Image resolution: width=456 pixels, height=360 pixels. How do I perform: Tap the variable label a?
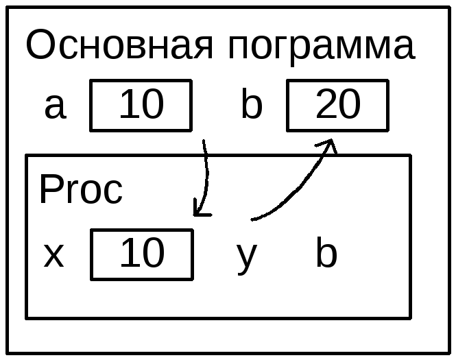[55, 106]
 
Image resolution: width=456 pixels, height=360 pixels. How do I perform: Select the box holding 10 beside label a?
[141, 105]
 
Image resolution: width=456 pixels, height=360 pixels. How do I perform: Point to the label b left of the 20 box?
[252, 106]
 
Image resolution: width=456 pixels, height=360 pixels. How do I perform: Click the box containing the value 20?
[337, 105]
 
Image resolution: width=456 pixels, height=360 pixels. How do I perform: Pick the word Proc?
[81, 190]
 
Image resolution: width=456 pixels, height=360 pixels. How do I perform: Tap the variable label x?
[53, 255]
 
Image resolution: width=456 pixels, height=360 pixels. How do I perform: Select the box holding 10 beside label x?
[141, 254]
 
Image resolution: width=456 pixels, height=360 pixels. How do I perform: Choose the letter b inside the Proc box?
[326, 254]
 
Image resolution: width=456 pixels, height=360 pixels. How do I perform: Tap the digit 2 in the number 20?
[326, 105]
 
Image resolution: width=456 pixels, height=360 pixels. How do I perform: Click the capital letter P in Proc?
[50, 190]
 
